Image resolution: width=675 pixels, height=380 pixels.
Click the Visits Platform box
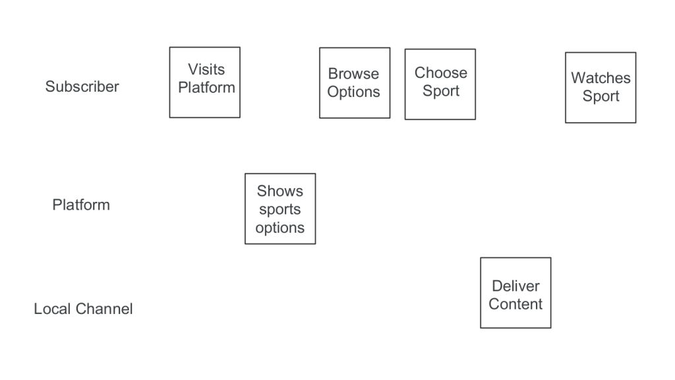(205, 82)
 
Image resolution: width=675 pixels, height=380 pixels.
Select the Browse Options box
(355, 83)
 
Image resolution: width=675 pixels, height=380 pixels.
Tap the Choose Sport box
(440, 84)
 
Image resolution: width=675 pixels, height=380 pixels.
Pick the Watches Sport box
(601, 88)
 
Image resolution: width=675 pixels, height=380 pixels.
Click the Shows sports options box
(280, 208)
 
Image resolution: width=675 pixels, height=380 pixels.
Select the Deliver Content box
(515, 293)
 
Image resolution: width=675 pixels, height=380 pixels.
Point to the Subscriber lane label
(82, 86)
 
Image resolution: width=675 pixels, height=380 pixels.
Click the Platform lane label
(81, 205)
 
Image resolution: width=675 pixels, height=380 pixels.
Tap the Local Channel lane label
(83, 309)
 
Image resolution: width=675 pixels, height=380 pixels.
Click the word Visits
(206, 69)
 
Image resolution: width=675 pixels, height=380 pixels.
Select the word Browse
(354, 74)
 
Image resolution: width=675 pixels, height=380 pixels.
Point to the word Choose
(441, 73)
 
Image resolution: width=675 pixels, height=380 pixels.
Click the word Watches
(601, 78)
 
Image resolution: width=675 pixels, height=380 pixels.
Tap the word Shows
(280, 191)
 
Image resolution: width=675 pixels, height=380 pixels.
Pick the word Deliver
(515, 286)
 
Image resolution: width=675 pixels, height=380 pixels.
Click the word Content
(515, 304)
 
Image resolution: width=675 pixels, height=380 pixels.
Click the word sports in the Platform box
(280, 210)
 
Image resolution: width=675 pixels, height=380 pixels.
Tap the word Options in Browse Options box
(354, 92)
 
